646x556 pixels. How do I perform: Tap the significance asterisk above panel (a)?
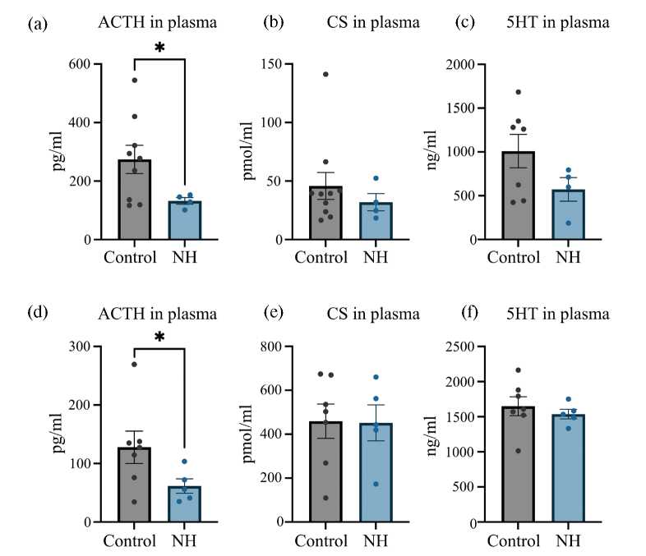pyautogui.click(x=159, y=48)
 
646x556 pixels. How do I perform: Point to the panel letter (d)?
pyautogui.click(x=38, y=313)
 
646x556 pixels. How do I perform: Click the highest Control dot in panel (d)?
pyautogui.click(x=134, y=365)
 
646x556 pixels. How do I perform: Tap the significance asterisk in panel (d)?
pyautogui.click(x=159, y=338)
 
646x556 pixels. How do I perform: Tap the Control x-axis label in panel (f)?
pyautogui.click(x=513, y=541)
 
